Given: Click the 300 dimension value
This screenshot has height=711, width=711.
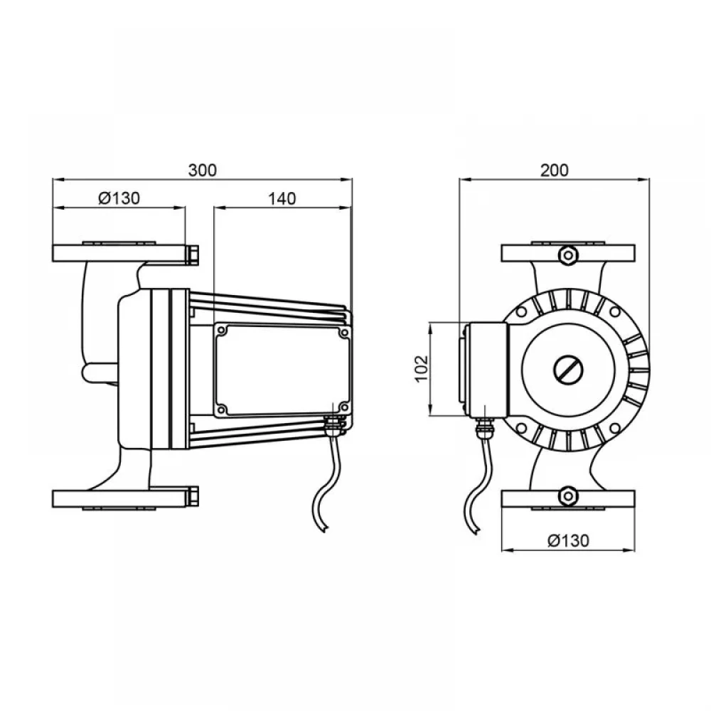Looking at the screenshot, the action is click(x=202, y=170).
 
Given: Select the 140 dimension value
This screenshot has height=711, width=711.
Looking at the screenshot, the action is click(x=282, y=198).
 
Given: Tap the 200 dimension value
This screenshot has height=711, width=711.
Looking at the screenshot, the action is click(x=554, y=170).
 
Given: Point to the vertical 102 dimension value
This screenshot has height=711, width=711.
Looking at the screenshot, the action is click(x=422, y=368).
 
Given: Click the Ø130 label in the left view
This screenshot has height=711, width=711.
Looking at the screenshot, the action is click(x=119, y=198).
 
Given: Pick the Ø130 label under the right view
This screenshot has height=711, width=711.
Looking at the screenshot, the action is click(x=568, y=540).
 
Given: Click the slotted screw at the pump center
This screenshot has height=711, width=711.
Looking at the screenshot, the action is click(x=567, y=370).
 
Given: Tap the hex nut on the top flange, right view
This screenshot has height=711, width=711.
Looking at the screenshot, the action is click(x=567, y=255).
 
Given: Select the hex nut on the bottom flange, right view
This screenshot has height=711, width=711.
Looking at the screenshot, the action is click(x=567, y=496).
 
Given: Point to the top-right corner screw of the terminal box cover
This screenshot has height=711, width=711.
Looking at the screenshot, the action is click(x=343, y=333).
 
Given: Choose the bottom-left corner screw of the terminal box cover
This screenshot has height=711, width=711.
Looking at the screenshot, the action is click(x=222, y=409).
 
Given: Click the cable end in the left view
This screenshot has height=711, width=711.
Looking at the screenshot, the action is click(x=324, y=529).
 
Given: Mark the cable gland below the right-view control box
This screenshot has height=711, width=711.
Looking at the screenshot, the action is click(x=483, y=429).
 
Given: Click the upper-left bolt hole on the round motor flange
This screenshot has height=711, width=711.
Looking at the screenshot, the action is click(x=521, y=312).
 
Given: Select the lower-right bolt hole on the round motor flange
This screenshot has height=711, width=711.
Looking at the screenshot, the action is click(x=615, y=428).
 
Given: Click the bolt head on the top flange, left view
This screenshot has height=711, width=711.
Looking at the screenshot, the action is click(x=192, y=255).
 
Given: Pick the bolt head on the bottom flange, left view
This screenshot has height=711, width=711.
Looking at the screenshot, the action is click(x=192, y=497).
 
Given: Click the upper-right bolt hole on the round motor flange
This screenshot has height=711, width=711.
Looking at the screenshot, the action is click(x=615, y=312).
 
